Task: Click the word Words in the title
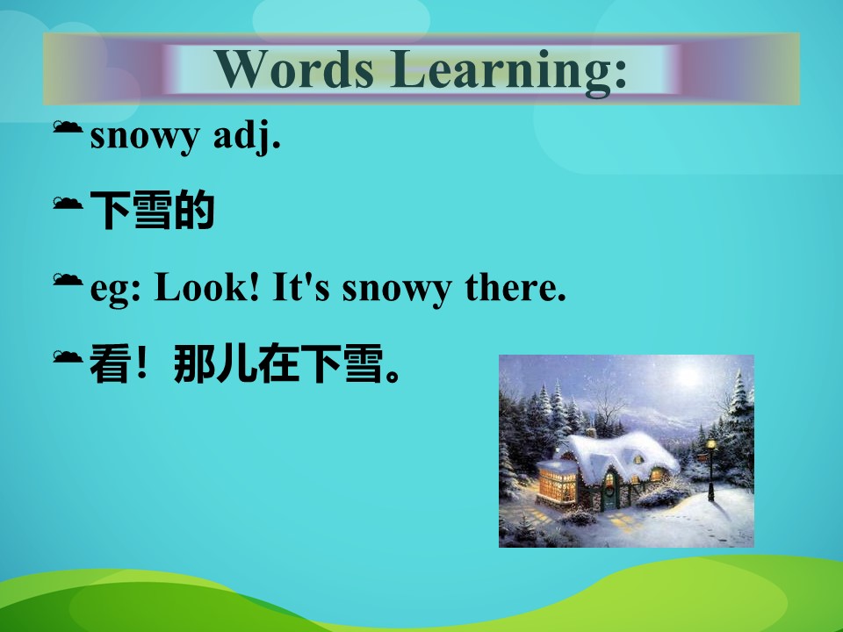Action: (294, 68)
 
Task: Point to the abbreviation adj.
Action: (247, 136)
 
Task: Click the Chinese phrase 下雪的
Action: (152, 210)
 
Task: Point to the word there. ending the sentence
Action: (515, 286)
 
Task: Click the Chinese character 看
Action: (110, 363)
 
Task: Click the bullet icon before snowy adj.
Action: (68, 127)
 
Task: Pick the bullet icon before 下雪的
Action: (68, 203)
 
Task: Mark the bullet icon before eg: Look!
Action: (68, 279)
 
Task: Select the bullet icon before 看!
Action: (68, 356)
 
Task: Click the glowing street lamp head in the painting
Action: (711, 444)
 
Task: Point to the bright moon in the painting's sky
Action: (688, 375)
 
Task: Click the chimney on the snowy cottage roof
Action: (591, 432)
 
